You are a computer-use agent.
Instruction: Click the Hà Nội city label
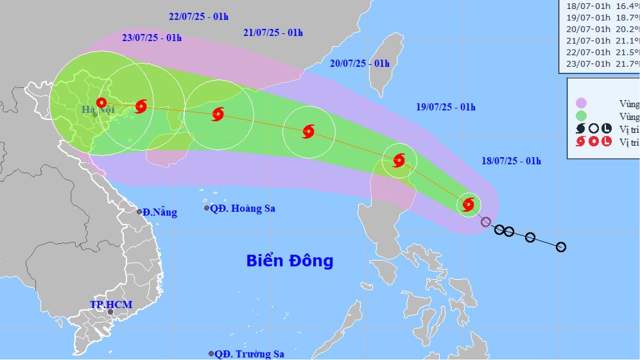pos(93,110)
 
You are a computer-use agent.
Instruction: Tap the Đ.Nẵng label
pos(159,212)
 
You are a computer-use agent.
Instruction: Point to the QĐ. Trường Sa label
pos(249,354)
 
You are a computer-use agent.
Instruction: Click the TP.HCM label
pos(110,304)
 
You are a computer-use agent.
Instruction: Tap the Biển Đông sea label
pos(290,261)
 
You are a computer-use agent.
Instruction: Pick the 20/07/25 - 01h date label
pos(360,63)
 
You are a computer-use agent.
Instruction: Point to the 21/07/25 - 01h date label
pos(273,32)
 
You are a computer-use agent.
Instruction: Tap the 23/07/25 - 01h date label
pos(152,38)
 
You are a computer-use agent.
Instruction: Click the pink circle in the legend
pos(582,103)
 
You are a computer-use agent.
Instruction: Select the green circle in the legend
pos(582,116)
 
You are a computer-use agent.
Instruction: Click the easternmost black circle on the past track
pos(561,246)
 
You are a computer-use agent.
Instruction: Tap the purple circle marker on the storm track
pos(486,222)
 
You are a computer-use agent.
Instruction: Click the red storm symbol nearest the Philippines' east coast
pos(469,205)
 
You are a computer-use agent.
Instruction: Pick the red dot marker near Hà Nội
pos(101,102)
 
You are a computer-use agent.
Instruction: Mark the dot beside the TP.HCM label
pos(110,313)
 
